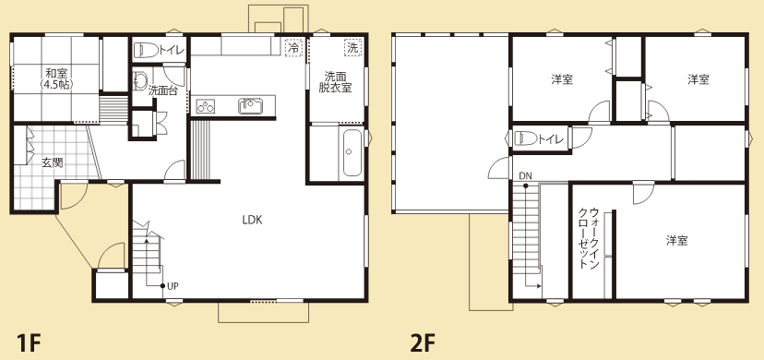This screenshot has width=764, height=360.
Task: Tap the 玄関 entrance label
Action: click(53, 162)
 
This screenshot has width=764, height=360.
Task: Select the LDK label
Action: click(253, 220)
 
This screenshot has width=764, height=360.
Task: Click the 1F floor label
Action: click(28, 343)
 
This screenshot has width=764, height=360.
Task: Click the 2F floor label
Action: click(422, 343)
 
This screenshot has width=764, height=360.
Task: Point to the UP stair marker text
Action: click(173, 286)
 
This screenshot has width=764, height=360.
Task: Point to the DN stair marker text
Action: click(524, 175)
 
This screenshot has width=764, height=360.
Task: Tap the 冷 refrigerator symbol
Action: click(293, 47)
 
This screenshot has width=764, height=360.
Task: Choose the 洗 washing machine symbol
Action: click(352, 47)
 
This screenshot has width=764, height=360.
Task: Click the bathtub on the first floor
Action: click(352, 153)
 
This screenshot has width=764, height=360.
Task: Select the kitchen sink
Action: click(250, 106)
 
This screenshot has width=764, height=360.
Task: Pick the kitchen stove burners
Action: click(205, 106)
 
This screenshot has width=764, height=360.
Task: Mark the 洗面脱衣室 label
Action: click(335, 82)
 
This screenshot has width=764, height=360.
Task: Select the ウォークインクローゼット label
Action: click(588, 238)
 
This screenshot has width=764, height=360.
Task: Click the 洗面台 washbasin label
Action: click(162, 90)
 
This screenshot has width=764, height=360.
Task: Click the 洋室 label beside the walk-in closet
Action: click(677, 240)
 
